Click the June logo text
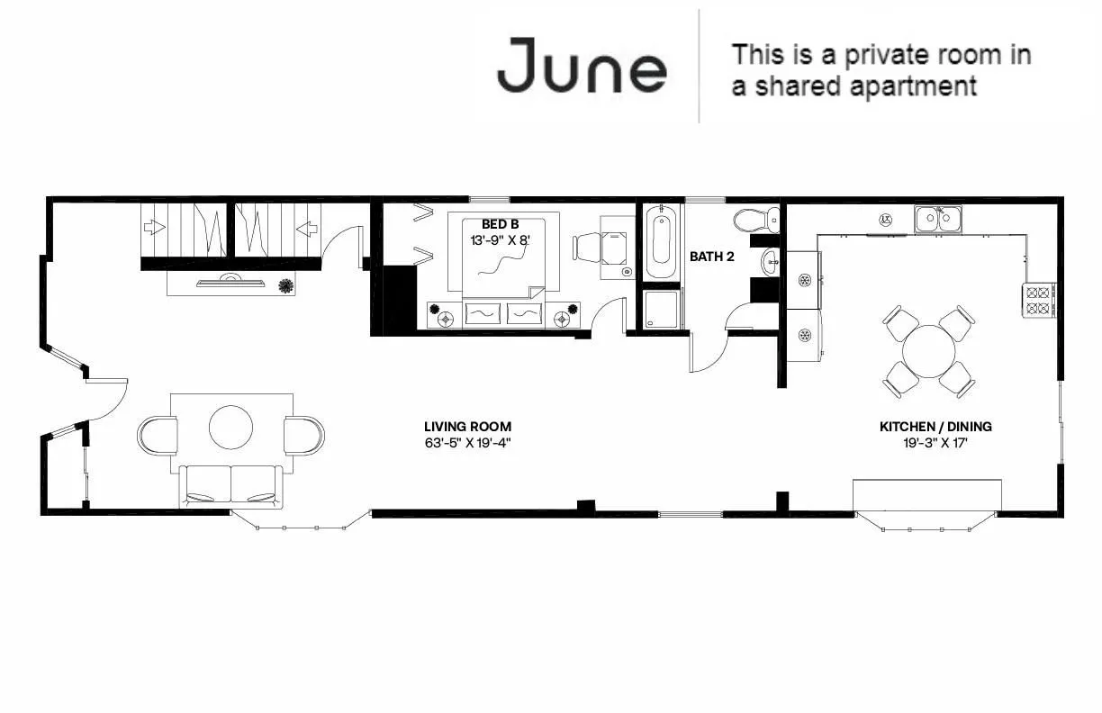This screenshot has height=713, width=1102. click(582, 65)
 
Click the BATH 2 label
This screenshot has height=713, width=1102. click(712, 257)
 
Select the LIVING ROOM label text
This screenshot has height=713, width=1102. click(467, 427)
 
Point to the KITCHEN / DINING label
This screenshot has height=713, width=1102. click(935, 427)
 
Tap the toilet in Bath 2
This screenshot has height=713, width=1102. click(754, 220)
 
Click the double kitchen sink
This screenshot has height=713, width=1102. click(937, 219)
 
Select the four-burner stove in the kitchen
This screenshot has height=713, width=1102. click(1039, 300)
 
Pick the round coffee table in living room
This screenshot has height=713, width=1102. click(231, 427)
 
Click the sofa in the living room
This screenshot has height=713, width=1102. click(231, 486)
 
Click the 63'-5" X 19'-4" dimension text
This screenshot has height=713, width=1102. click(467, 443)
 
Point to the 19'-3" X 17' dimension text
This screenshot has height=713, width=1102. click(935, 443)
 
